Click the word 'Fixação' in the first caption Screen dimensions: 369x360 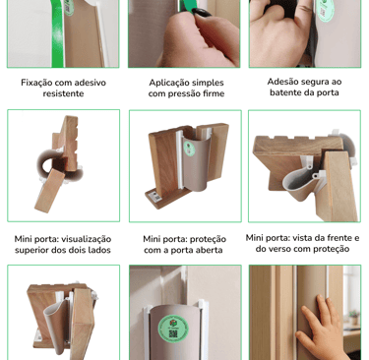pyautogui.click(x=36, y=83)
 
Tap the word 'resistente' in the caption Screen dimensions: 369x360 pyautogui.click(x=63, y=93)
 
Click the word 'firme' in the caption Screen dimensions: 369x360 pyautogui.click(x=214, y=93)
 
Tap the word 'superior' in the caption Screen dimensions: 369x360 pyautogui.click(x=31, y=250)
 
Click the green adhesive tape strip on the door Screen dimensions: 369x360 pyautogui.click(x=57, y=33)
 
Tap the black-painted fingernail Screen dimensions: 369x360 pyautogui.click(x=202, y=13)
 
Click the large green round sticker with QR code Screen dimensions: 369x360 pyautogui.click(x=173, y=328)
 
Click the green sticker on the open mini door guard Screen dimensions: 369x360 pyautogui.click(x=189, y=149)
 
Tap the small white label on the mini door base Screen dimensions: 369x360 pyautogui.click(x=154, y=197)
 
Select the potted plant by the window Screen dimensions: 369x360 pyautogui.click(x=353, y=318)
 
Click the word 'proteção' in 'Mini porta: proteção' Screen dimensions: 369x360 pyautogui.click(x=210, y=239)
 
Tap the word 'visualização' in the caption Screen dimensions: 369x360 pyautogui.click(x=87, y=239)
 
